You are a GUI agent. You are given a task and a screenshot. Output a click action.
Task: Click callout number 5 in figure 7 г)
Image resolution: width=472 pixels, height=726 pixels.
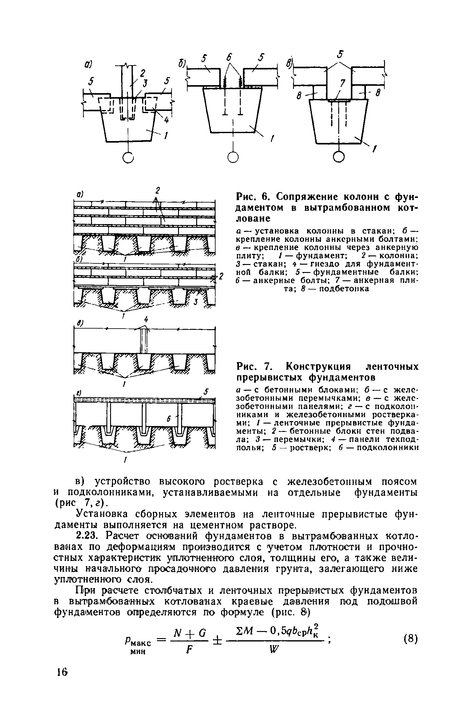[x=206, y=392]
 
